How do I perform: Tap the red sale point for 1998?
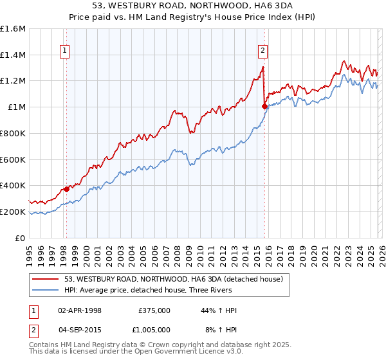[66, 189]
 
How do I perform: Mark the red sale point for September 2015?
[264, 107]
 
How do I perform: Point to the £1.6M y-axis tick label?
[13, 29]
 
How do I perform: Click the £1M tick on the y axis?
[17, 107]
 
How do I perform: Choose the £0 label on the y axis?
[21, 238]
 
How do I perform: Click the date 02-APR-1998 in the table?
[80, 310]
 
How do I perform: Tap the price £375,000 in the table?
[154, 310]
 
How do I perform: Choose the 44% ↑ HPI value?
[219, 310]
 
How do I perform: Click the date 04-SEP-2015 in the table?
[80, 329]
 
